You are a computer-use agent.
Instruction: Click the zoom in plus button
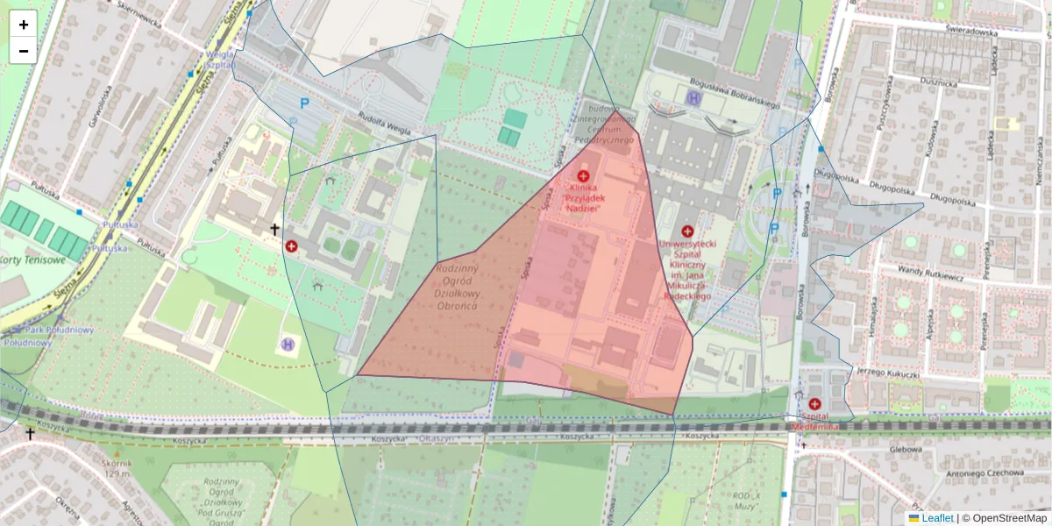click(24, 25)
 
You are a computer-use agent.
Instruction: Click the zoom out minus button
click(24, 51)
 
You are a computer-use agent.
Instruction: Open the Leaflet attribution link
click(937, 518)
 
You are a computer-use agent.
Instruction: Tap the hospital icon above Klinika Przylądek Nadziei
click(583, 176)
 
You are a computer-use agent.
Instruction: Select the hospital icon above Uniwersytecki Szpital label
click(686, 231)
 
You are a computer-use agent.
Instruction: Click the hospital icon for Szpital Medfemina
click(815, 404)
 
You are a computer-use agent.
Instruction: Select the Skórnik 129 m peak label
click(116, 468)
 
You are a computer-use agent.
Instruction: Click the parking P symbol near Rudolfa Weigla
click(305, 103)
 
